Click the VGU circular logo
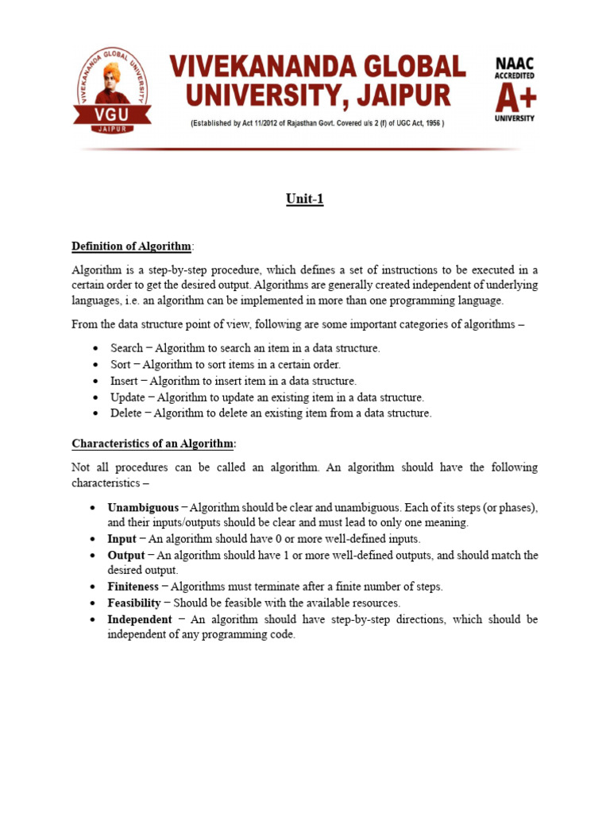point(111,88)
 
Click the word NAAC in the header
point(515,64)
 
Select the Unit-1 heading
point(305,200)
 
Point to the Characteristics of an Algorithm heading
point(154,443)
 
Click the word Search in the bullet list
point(126,348)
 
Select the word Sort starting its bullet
point(121,364)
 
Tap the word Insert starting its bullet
point(125,381)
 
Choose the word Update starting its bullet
point(127,397)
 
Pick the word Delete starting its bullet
point(126,413)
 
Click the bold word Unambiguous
point(143,507)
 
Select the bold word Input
point(122,539)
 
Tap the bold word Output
point(126,555)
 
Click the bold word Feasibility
point(134,603)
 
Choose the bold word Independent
point(139,619)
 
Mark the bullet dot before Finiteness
point(95,587)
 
